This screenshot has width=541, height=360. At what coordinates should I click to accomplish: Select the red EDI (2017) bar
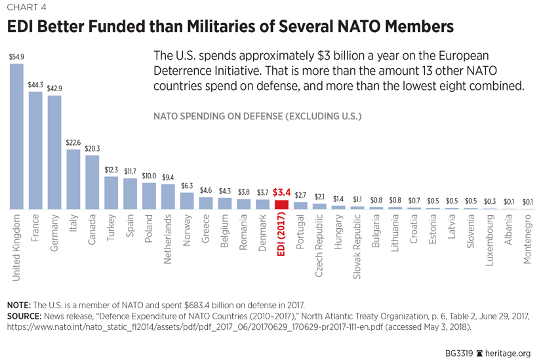point(281,205)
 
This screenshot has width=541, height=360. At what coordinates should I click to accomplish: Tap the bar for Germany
point(54,153)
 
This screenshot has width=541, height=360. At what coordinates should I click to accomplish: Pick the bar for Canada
point(92,182)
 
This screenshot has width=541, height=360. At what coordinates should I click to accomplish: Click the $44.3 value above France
point(35,85)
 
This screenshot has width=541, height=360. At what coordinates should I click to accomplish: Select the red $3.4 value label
point(282,193)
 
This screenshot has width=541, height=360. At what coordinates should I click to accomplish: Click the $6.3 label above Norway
point(187,186)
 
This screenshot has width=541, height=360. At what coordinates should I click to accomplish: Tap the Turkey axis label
point(111,227)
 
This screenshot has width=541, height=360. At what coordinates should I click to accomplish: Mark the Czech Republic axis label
point(319,244)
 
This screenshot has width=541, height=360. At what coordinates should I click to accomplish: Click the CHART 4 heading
point(27,8)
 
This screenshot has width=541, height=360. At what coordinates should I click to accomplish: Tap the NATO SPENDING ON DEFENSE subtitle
point(257,116)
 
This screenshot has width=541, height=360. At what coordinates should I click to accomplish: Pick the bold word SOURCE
point(24,316)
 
